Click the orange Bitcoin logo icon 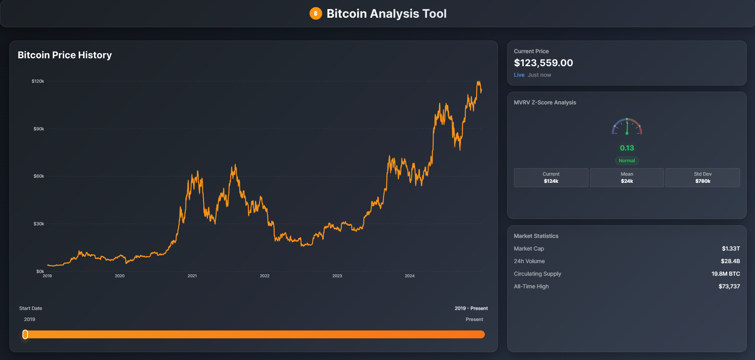coord(315,13)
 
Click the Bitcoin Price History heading coord(65,55)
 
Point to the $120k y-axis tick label coord(38,81)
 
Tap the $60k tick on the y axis coord(39,176)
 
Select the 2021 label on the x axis coord(192,276)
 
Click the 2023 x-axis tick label coord(337,276)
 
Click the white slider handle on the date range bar coord(25,334)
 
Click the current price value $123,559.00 coord(543,63)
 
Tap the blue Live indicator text coord(519,75)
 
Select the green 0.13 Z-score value coord(627,148)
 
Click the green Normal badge coord(627,161)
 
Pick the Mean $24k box coord(627,178)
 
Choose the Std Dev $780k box coord(703,178)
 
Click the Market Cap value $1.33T coord(731,249)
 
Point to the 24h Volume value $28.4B coord(730,261)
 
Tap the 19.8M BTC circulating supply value coord(725,274)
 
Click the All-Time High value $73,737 coord(729,286)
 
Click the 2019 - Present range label coord(471,308)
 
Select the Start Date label coord(31,308)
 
